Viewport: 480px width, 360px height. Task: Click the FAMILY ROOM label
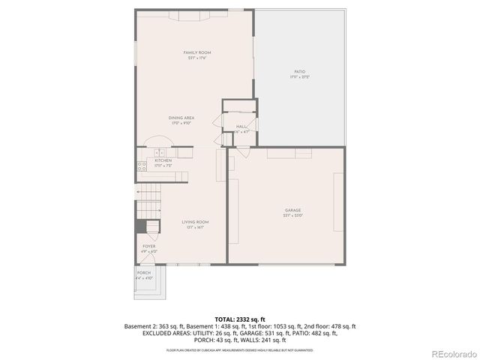click(198, 52)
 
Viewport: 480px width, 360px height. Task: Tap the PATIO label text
click(298, 72)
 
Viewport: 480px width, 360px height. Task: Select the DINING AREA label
click(181, 118)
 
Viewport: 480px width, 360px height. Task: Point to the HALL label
click(241, 126)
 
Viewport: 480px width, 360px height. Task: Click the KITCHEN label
click(163, 160)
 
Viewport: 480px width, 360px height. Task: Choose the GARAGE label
click(292, 210)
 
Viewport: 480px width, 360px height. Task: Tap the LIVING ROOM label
click(195, 222)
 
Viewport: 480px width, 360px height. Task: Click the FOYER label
click(149, 246)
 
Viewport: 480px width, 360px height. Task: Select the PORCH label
click(143, 273)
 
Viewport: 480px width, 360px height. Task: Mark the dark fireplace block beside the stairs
click(139, 226)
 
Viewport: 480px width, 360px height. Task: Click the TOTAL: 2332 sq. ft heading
click(239, 319)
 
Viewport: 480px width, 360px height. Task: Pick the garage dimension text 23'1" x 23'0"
click(292, 215)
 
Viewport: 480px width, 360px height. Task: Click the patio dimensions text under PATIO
click(298, 77)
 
